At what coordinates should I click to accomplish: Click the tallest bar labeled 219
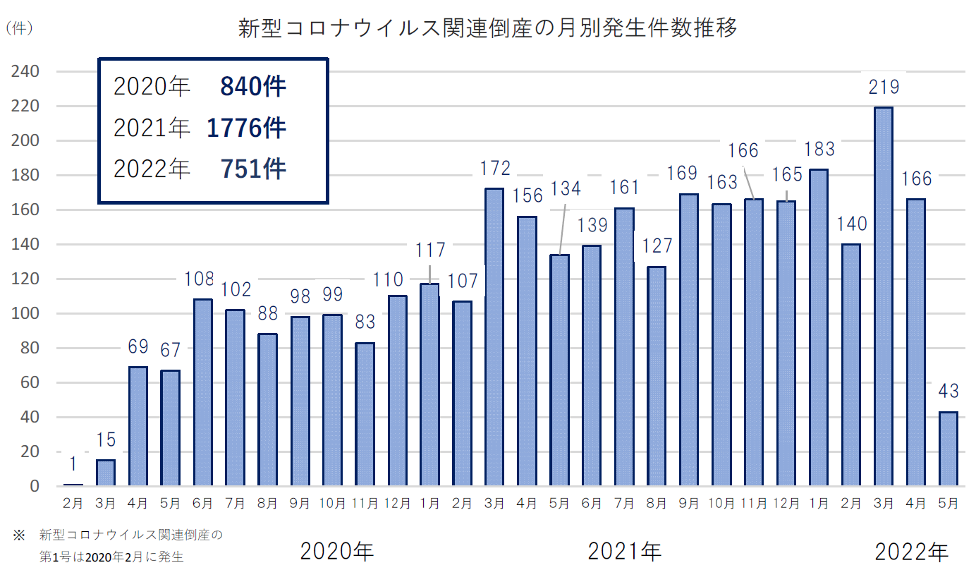coord(884,296)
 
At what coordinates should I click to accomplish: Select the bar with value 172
coord(494,337)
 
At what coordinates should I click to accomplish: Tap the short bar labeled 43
coord(948,449)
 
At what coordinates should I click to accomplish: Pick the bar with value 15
coord(105,473)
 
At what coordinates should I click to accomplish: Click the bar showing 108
coord(202,392)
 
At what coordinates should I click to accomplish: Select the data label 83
coord(365,323)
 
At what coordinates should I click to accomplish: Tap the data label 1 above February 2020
coord(73,464)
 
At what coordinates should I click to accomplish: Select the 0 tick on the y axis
coord(33,487)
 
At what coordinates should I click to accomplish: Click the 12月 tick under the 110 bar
coord(397,504)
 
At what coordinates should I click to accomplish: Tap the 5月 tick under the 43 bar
coord(948,504)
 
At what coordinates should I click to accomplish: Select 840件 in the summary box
coord(252,87)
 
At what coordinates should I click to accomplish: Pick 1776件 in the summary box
coord(246,128)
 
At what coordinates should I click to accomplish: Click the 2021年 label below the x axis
coord(625,550)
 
